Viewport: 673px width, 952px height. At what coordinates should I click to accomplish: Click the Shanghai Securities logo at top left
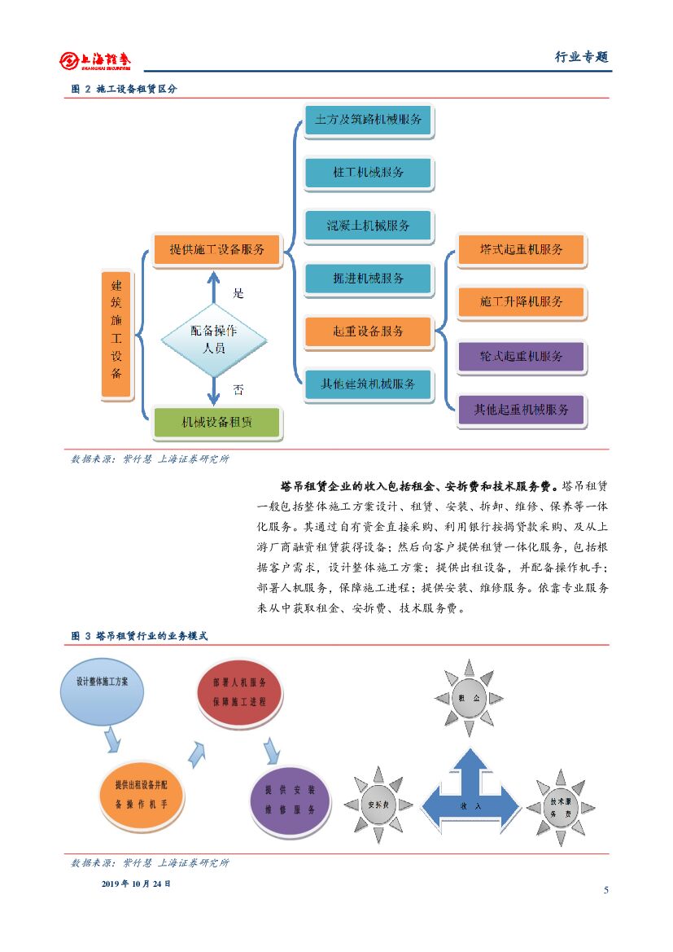pyautogui.click(x=95, y=60)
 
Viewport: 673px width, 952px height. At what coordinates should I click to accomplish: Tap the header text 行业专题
pyautogui.click(x=581, y=57)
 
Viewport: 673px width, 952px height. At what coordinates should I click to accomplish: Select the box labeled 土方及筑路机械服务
pyautogui.click(x=369, y=120)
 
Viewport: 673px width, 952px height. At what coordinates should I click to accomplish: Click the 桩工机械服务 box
pyautogui.click(x=369, y=173)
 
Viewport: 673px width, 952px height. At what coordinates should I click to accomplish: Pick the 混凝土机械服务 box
pyautogui.click(x=369, y=226)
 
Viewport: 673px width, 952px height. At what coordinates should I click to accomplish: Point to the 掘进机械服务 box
pyautogui.click(x=369, y=279)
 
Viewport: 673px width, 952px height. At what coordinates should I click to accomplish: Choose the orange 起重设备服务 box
pyautogui.click(x=369, y=331)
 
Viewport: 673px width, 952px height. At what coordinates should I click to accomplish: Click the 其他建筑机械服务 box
pyautogui.click(x=369, y=384)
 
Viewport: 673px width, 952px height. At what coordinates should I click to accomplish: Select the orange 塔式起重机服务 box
pyautogui.click(x=521, y=249)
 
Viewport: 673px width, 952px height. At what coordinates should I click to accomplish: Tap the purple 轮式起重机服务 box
pyautogui.click(x=521, y=357)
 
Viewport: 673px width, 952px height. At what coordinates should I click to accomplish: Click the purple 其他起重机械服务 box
pyautogui.click(x=521, y=410)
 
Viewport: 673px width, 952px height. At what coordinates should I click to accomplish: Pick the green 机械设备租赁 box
pyautogui.click(x=216, y=423)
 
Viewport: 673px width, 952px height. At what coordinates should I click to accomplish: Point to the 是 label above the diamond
pyautogui.click(x=238, y=292)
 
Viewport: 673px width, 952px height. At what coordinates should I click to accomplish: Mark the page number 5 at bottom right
pyautogui.click(x=605, y=889)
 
